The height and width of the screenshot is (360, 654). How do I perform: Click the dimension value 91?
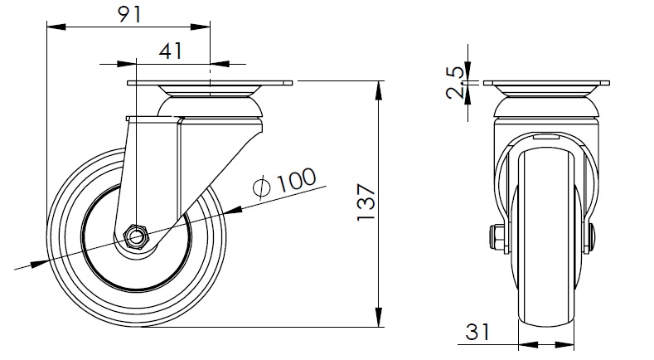pos(128,14)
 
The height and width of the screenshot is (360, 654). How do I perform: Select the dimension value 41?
pos(170,51)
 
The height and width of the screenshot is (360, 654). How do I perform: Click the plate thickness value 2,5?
pos(455,84)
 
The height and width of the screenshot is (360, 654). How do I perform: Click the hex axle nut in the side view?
pos(136,236)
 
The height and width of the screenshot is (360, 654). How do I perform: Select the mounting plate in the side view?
pos(211,84)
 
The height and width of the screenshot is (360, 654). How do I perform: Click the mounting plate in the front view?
pos(546,84)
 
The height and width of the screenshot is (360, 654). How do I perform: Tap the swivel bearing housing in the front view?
pos(546,106)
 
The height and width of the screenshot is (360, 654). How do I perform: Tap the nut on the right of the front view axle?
pos(592,238)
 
